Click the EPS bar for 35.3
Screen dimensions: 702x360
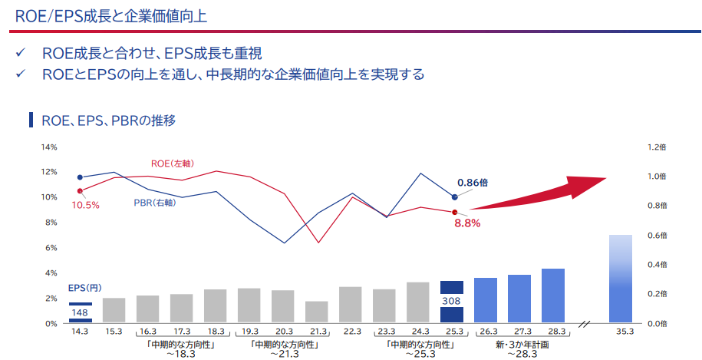point(621,279)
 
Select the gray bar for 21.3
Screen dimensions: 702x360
point(317,312)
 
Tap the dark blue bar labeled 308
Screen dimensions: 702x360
point(452,302)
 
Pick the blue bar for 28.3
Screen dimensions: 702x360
point(553,296)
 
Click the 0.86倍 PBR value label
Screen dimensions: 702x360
point(473,183)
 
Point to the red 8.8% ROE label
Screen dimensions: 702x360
point(467,223)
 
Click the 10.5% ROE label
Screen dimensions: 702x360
point(85,206)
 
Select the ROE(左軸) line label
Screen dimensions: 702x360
point(173,164)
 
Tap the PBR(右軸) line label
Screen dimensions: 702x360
point(155,203)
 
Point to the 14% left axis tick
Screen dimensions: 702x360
point(50,147)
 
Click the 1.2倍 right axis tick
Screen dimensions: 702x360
point(657,147)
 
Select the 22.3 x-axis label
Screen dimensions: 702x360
point(352,332)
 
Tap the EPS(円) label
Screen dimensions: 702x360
point(84,289)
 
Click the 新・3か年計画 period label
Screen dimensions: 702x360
point(522,345)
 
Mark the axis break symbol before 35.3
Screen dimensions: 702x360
point(585,323)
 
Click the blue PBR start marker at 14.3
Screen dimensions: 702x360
point(80,177)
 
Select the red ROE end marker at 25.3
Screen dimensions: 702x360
point(455,212)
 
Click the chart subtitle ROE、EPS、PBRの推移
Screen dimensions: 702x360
point(109,121)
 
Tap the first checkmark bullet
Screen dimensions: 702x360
point(20,53)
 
